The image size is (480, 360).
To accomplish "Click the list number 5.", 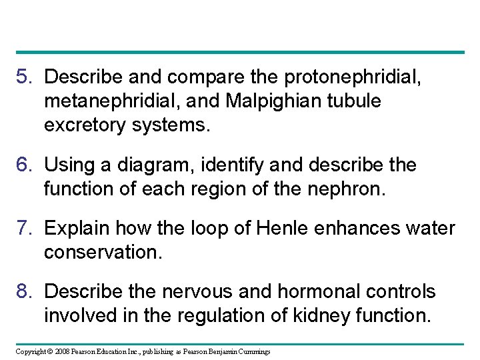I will (x=24, y=77).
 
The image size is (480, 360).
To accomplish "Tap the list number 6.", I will (x=24, y=165).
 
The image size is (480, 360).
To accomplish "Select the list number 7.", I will (x=24, y=229).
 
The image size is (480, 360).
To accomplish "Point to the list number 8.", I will (x=24, y=292).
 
